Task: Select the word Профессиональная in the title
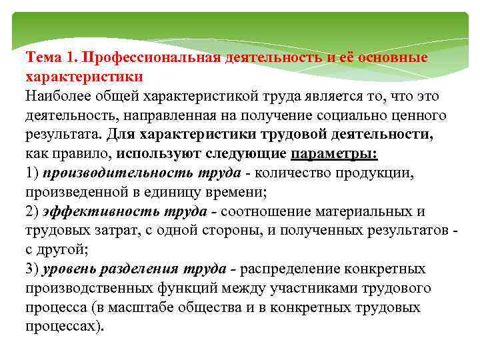145,57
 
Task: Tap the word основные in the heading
393,57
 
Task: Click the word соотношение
264,211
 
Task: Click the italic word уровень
69,269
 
